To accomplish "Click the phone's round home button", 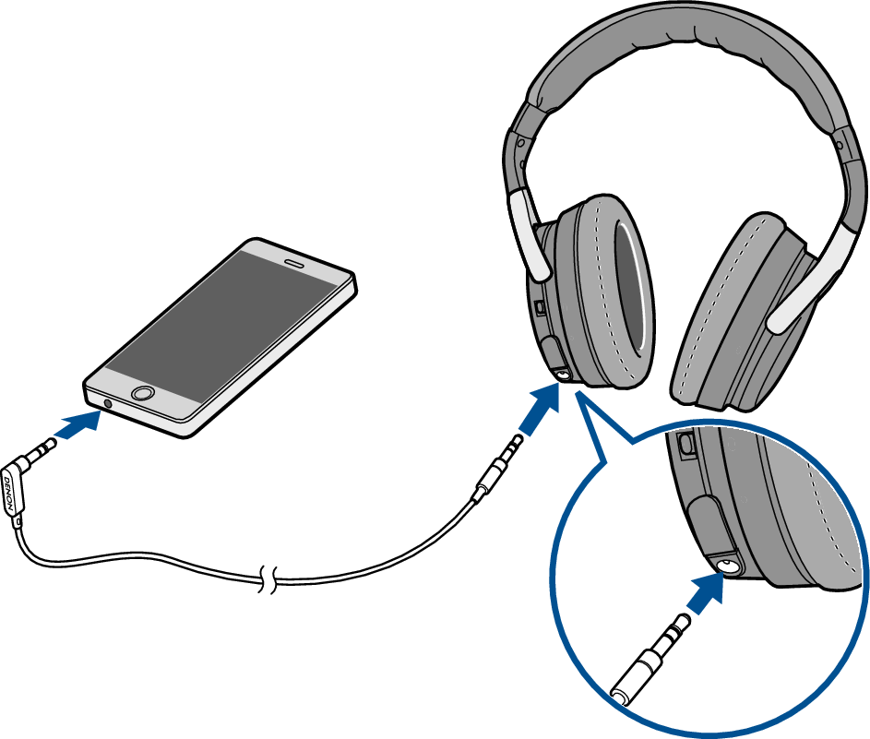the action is (x=143, y=393).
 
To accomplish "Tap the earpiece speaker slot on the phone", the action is (x=294, y=262).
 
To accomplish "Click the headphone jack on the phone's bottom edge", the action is (x=108, y=403).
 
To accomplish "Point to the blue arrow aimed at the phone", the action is (x=78, y=425).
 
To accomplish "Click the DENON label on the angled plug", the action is (x=9, y=494).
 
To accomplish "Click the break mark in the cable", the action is (x=268, y=580).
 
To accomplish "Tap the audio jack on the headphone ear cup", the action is (x=563, y=375).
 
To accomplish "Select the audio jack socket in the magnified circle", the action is (x=728, y=566).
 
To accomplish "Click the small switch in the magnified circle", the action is (x=686, y=445).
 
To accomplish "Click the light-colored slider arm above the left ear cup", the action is (x=526, y=234).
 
